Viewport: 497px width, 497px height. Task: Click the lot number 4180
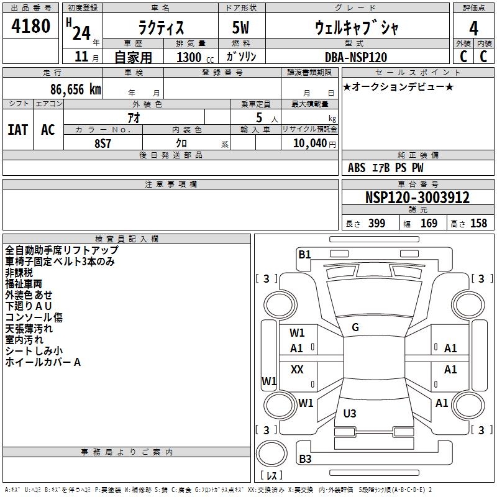tap(30, 26)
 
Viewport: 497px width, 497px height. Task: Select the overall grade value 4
tap(473, 29)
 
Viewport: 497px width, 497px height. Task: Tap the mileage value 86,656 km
tap(76, 89)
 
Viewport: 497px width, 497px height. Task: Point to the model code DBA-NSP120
tap(356, 57)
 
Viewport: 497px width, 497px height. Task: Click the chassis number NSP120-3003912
tap(417, 198)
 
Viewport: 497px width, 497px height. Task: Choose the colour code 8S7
tap(103, 144)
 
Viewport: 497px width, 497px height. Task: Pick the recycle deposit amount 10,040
tap(310, 144)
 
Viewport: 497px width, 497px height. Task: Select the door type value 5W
tap(240, 27)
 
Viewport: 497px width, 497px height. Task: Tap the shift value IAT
tap(18, 130)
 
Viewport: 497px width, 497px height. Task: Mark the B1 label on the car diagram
tap(304, 255)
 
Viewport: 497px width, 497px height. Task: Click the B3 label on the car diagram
tap(305, 458)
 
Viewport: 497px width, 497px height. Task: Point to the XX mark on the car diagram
tap(297, 369)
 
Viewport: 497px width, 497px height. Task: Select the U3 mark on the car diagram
tap(350, 413)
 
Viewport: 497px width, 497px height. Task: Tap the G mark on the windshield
tap(355, 327)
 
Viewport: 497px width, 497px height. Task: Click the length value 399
tap(377, 223)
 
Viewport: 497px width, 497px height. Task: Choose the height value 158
tap(478, 223)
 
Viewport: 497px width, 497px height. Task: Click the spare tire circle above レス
tap(271, 454)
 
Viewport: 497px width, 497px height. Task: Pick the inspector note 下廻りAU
tap(29, 306)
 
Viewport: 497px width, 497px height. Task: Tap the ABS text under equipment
tap(357, 168)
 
